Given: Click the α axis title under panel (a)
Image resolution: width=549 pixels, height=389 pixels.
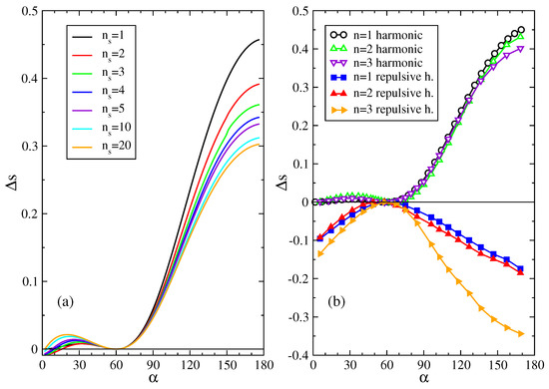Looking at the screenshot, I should [x=111, y=381].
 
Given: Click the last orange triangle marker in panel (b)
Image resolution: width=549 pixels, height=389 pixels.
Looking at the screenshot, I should [x=520, y=333].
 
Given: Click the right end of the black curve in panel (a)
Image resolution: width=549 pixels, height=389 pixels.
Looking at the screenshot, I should [x=176, y=40].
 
